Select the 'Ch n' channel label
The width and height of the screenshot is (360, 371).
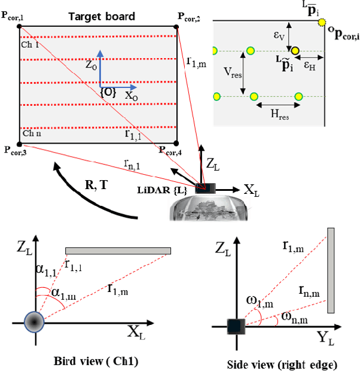[32, 133]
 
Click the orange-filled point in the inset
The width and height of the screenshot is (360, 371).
[295, 50]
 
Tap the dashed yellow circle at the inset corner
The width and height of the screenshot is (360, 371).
[322, 23]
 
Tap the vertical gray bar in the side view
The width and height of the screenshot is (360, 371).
[330, 270]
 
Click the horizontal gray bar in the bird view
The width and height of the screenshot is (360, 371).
[118, 250]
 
